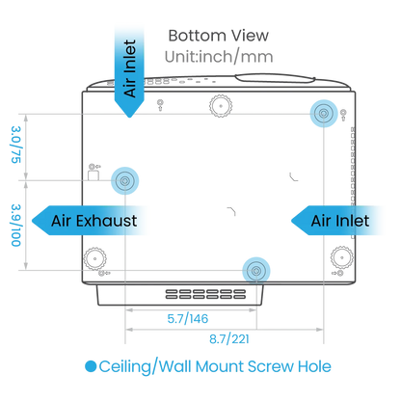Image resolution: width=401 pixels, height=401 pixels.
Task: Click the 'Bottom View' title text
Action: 219,36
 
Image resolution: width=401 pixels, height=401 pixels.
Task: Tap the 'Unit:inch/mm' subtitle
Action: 219,57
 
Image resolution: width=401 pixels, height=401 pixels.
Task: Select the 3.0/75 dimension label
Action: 16,145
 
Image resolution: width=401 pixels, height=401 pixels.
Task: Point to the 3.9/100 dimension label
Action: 16,226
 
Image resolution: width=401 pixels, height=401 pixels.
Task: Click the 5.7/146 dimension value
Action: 188,319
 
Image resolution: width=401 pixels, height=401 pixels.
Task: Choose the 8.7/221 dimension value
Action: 229,339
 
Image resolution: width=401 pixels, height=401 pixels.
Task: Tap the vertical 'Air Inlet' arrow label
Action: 130,68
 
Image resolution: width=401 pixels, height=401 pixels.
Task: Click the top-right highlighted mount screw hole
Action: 324,114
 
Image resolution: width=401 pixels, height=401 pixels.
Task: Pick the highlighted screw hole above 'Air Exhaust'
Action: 125,181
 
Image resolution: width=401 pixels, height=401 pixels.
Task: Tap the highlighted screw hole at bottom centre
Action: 256,271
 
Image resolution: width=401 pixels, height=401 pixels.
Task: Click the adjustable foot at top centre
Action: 221,106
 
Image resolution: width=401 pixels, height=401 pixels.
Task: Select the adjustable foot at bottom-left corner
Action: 95,258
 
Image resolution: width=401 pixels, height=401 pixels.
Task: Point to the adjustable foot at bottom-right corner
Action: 342,257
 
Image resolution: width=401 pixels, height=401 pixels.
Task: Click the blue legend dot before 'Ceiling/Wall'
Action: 91,366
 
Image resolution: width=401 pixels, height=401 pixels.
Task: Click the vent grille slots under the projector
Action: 205,294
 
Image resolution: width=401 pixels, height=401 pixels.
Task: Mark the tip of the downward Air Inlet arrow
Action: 129,118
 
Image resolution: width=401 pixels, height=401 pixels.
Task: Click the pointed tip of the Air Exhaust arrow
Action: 32,221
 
